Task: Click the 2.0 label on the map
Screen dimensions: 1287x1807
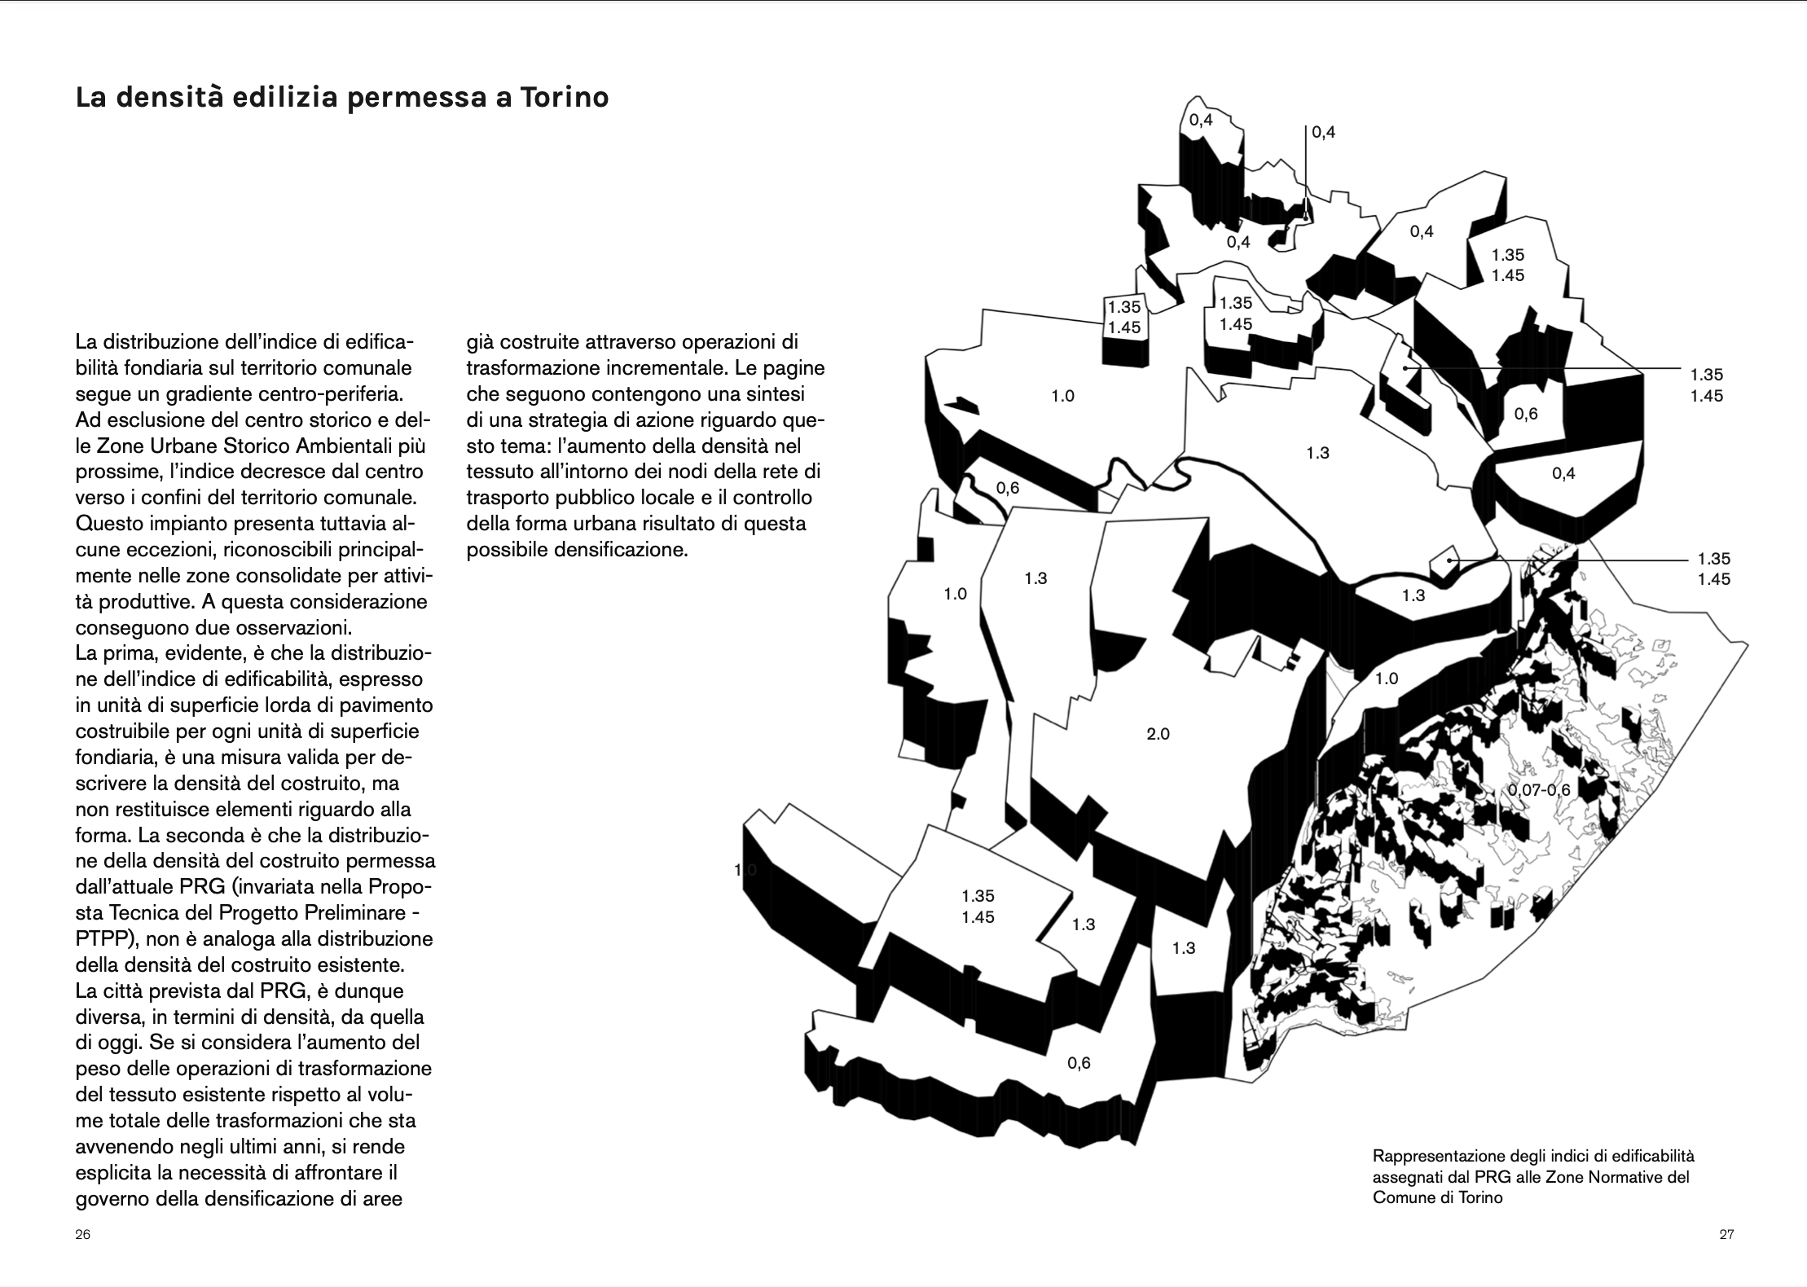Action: [1158, 734]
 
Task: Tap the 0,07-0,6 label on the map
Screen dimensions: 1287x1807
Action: [1538, 790]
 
